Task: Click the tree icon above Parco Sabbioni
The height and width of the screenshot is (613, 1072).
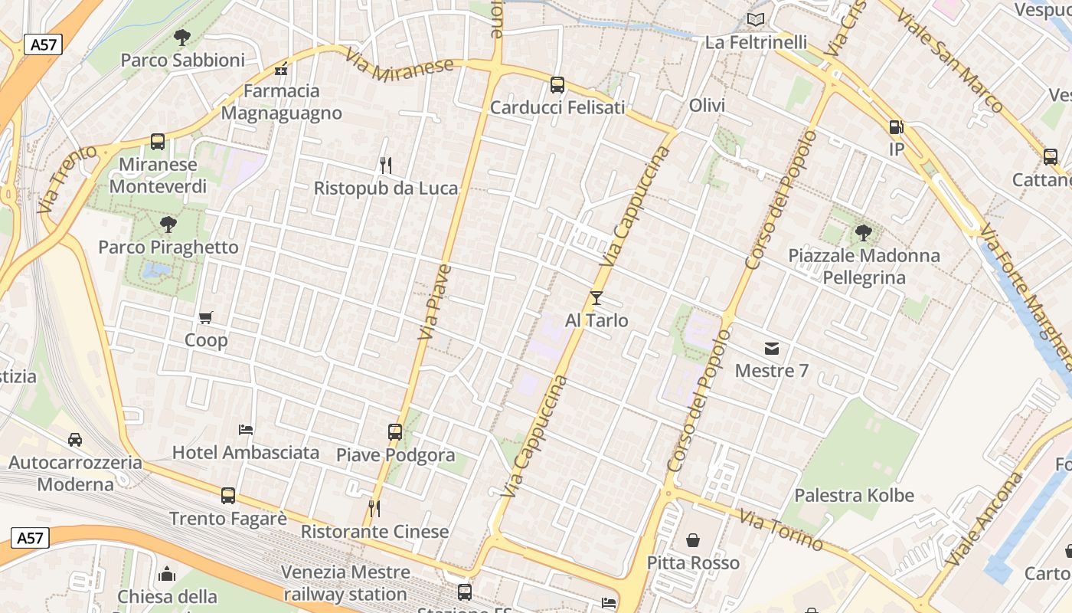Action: (x=182, y=36)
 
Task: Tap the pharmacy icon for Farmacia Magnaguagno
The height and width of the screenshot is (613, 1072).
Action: (x=282, y=69)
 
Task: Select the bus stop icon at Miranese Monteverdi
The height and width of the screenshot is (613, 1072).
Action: (x=158, y=141)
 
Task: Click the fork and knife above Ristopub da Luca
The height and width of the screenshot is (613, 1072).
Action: (x=386, y=165)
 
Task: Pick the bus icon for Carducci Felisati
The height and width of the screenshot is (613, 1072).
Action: (x=557, y=85)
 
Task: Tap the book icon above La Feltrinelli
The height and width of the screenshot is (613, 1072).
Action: (x=756, y=19)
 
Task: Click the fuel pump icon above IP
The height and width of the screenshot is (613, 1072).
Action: (x=896, y=126)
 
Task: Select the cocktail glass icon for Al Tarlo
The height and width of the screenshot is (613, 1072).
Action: (x=596, y=297)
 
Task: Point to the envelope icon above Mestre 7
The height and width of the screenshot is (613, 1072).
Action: (x=772, y=349)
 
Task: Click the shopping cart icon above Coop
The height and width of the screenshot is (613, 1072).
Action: (x=205, y=317)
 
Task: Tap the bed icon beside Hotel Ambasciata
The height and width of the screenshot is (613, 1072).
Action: (x=246, y=430)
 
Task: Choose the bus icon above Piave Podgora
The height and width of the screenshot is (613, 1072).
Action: (x=395, y=432)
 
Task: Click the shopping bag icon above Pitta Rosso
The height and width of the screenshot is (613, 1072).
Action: (x=693, y=540)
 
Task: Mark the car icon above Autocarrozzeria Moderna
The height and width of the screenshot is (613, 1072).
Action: (x=75, y=440)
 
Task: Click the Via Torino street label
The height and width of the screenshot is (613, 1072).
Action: (x=781, y=529)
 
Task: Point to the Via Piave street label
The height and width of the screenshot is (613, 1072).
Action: (x=435, y=303)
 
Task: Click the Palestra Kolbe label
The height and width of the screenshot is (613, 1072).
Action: (x=854, y=495)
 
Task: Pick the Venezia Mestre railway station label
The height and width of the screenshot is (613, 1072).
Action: (x=345, y=583)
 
